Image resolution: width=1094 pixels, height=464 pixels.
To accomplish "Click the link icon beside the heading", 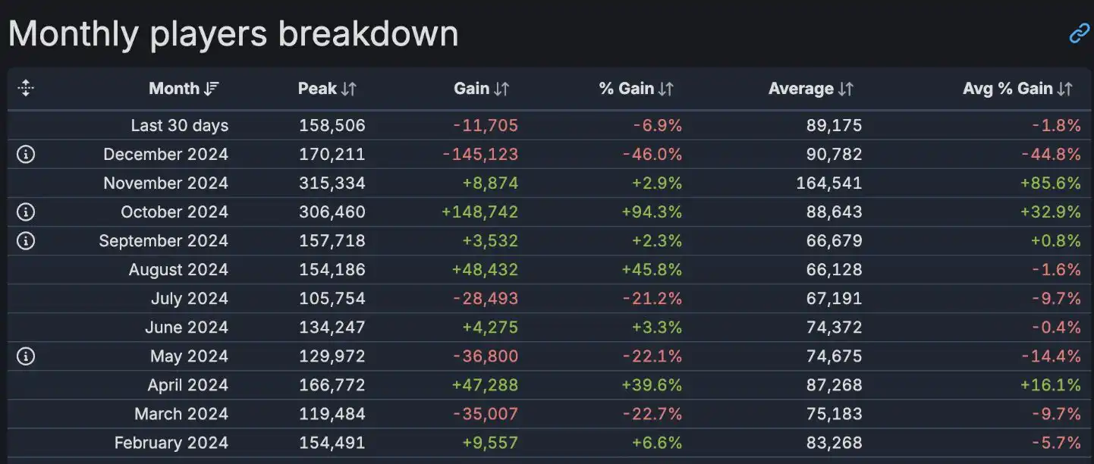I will tap(1079, 33).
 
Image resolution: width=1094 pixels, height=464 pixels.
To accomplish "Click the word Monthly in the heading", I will tap(74, 34).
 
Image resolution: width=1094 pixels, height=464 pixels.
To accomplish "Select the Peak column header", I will tap(326, 89).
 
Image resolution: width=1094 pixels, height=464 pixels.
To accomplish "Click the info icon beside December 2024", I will tap(26, 155).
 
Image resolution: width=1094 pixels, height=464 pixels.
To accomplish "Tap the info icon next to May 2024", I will tap(26, 356).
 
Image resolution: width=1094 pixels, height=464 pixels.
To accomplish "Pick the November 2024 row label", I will tap(165, 183).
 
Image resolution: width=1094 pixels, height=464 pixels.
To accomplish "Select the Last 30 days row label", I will tap(179, 126).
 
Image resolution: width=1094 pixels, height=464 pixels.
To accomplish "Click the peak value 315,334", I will tap(332, 183).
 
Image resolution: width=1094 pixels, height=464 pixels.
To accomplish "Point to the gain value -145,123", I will tap(480, 155).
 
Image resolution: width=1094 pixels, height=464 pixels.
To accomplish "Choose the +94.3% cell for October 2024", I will tap(652, 212).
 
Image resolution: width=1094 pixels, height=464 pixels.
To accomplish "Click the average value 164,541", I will tap(829, 183).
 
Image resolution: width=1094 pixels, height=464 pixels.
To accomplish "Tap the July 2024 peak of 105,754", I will tap(332, 299).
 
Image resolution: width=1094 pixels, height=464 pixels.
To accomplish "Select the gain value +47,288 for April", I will tap(485, 385).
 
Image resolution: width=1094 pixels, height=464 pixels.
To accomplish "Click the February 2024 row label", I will tap(171, 443).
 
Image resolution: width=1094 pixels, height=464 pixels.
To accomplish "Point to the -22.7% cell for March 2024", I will tap(652, 414).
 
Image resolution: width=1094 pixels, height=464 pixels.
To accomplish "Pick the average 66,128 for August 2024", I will tap(835, 270).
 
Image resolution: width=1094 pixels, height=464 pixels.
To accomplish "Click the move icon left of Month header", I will tap(26, 89).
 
